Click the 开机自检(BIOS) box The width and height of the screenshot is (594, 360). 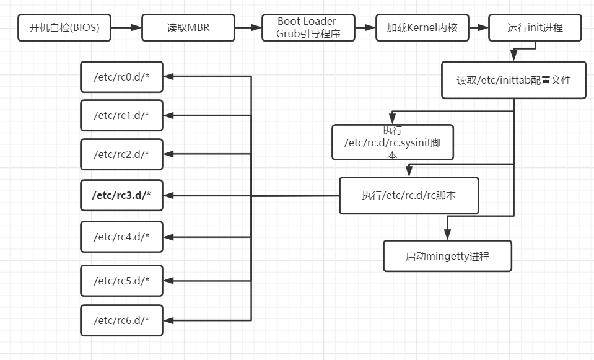coord(64,28)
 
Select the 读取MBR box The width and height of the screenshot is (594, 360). coord(188,28)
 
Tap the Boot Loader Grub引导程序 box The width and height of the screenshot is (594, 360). coord(307,28)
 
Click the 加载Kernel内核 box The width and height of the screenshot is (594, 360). coord(422,28)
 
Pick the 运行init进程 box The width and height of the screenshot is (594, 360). coord(535,28)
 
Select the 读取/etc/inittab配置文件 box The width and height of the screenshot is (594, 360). coord(513,80)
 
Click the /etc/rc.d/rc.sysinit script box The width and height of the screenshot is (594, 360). coord(393,143)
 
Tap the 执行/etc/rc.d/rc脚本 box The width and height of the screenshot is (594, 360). coord(409,196)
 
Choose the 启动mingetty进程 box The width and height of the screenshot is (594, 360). coord(447,256)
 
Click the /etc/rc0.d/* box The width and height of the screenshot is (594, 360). coord(121,77)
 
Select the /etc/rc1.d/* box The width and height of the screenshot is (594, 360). coord(121,115)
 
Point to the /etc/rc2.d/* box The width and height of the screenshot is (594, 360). coord(121,154)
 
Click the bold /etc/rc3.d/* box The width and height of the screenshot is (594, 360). coord(121,196)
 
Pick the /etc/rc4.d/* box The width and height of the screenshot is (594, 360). coord(121,237)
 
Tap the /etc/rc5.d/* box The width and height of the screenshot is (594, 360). coord(121,280)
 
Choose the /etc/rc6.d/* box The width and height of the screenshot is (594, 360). coord(121,320)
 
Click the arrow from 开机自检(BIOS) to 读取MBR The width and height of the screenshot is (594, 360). coord(126,28)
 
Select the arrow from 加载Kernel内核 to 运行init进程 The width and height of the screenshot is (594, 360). coord(478,28)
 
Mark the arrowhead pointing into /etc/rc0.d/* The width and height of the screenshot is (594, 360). coord(168,77)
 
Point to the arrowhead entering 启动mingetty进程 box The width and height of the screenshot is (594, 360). coord(447,235)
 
